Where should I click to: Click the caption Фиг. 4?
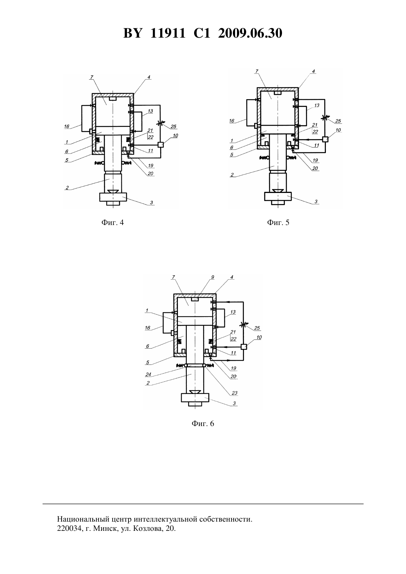[113, 222]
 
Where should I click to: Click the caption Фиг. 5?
[278, 222]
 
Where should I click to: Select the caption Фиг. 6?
[203, 423]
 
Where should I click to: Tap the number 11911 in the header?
[168, 33]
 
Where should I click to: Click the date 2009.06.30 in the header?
[250, 33]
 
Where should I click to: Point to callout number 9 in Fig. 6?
[213, 277]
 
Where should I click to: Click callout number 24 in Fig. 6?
[148, 374]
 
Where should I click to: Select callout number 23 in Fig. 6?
[234, 393]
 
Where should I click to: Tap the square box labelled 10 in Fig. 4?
[161, 145]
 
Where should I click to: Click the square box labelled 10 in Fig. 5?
[325, 139]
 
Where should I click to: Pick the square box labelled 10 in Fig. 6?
[244, 347]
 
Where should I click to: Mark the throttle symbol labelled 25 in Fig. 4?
[161, 123]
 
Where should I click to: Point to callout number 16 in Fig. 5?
[232, 121]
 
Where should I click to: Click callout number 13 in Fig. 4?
[150, 111]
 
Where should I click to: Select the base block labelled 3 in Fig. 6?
[195, 397]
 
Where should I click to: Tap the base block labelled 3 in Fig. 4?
[113, 197]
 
